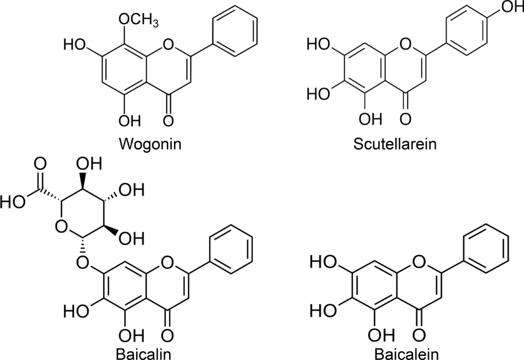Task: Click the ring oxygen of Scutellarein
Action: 406,44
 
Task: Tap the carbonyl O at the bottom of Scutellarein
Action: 406,118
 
